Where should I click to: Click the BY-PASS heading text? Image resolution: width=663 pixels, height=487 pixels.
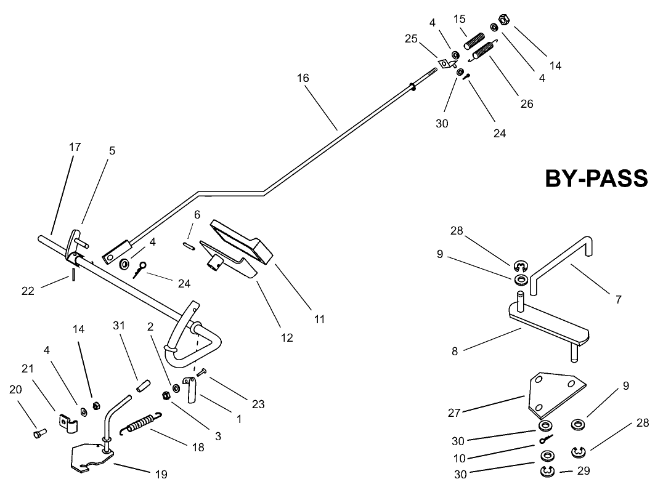(596, 179)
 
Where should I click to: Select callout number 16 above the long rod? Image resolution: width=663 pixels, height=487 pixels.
(303, 78)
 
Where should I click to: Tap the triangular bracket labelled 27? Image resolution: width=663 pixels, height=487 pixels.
(552, 394)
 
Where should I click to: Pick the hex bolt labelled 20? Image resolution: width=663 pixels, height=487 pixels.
(38, 434)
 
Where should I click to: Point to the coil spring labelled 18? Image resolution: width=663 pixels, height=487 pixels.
(143, 424)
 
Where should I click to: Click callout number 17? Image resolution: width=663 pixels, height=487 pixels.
(75, 147)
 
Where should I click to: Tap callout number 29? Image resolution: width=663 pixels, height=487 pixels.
(584, 471)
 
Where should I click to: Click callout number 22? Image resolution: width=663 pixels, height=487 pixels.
(28, 291)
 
